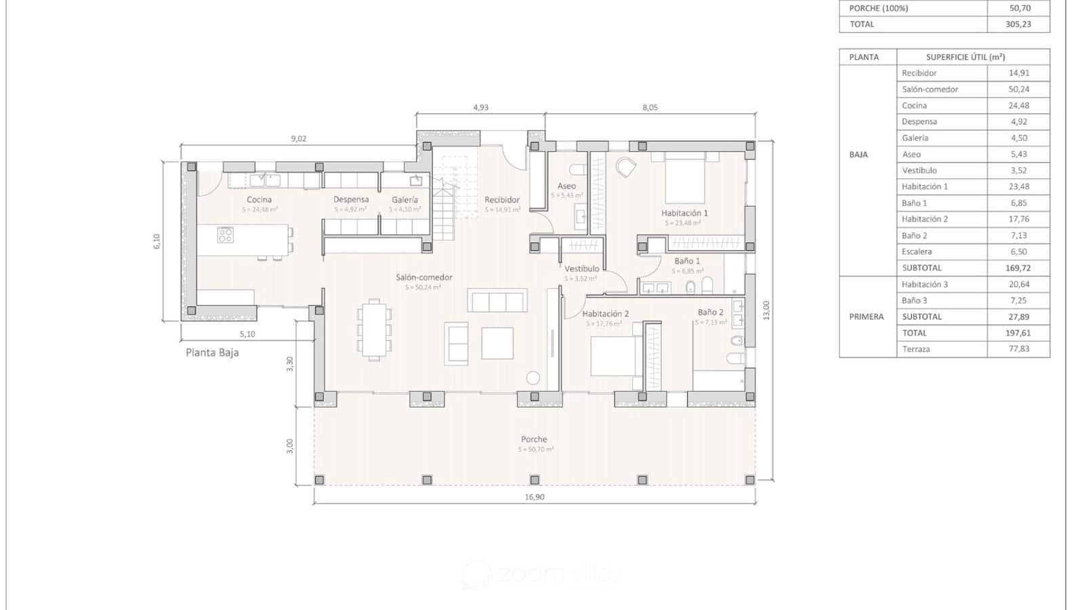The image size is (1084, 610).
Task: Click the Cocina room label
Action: [x=259, y=200]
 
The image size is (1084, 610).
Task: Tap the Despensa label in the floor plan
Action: [x=351, y=200]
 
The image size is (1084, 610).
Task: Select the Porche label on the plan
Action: [x=534, y=439]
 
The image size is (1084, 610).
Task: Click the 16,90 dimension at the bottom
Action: [x=535, y=497]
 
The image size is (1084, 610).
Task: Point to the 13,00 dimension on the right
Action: [x=766, y=310]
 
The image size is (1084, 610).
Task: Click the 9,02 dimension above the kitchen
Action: [x=299, y=139]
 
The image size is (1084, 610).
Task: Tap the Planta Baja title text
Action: [x=212, y=352]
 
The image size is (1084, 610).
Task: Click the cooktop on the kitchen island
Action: [x=226, y=235]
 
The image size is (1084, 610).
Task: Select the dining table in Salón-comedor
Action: [x=374, y=330]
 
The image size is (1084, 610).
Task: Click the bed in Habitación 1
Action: [x=685, y=177]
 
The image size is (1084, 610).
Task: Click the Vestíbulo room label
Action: [x=581, y=269]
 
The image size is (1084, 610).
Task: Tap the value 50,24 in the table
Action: [x=1018, y=89]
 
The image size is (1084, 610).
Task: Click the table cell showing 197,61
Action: [x=1018, y=333]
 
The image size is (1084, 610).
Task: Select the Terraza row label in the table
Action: [x=916, y=350]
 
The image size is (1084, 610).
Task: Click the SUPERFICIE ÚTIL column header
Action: [x=965, y=58]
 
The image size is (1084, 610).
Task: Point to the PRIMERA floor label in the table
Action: [x=867, y=317]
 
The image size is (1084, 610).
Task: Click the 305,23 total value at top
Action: [x=1018, y=24]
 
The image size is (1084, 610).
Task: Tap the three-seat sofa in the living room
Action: [x=497, y=301]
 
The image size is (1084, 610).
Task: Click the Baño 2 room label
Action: [x=711, y=312]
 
